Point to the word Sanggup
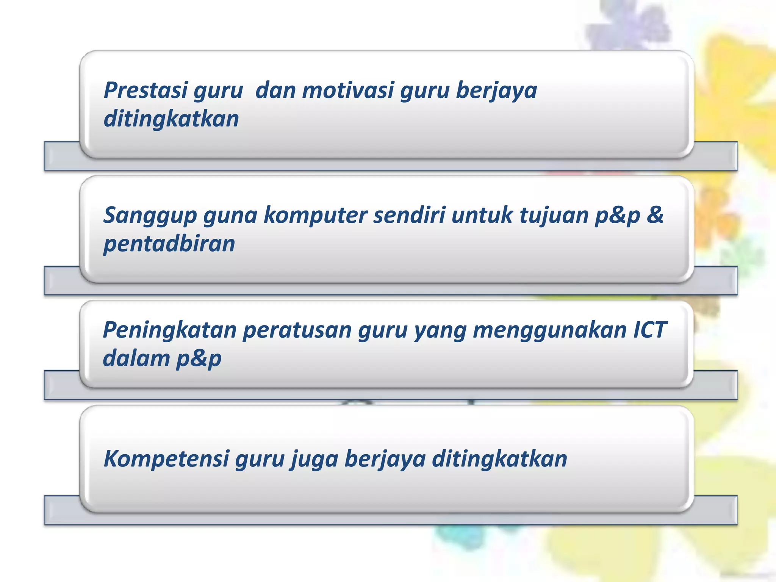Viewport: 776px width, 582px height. click(x=150, y=215)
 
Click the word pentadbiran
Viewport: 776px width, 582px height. click(x=169, y=243)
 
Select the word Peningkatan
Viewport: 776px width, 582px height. click(x=169, y=330)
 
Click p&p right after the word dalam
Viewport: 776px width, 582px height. click(x=199, y=358)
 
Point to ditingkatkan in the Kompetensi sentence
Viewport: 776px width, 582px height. click(x=499, y=458)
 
